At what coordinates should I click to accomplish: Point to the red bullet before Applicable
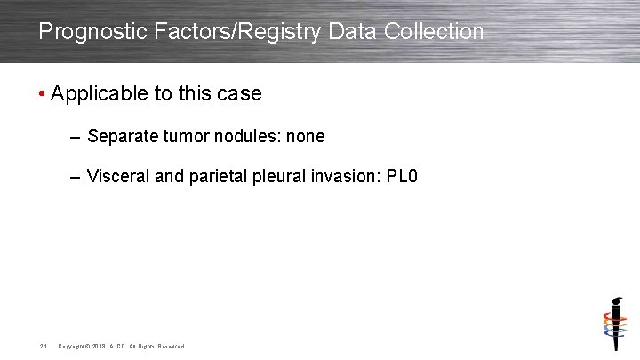[x=43, y=94]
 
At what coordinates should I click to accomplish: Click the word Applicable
[x=96, y=94]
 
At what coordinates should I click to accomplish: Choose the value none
[x=306, y=137]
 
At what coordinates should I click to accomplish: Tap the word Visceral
[x=118, y=177]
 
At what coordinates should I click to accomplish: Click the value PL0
[x=403, y=177]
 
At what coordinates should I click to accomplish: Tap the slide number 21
[x=43, y=346]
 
